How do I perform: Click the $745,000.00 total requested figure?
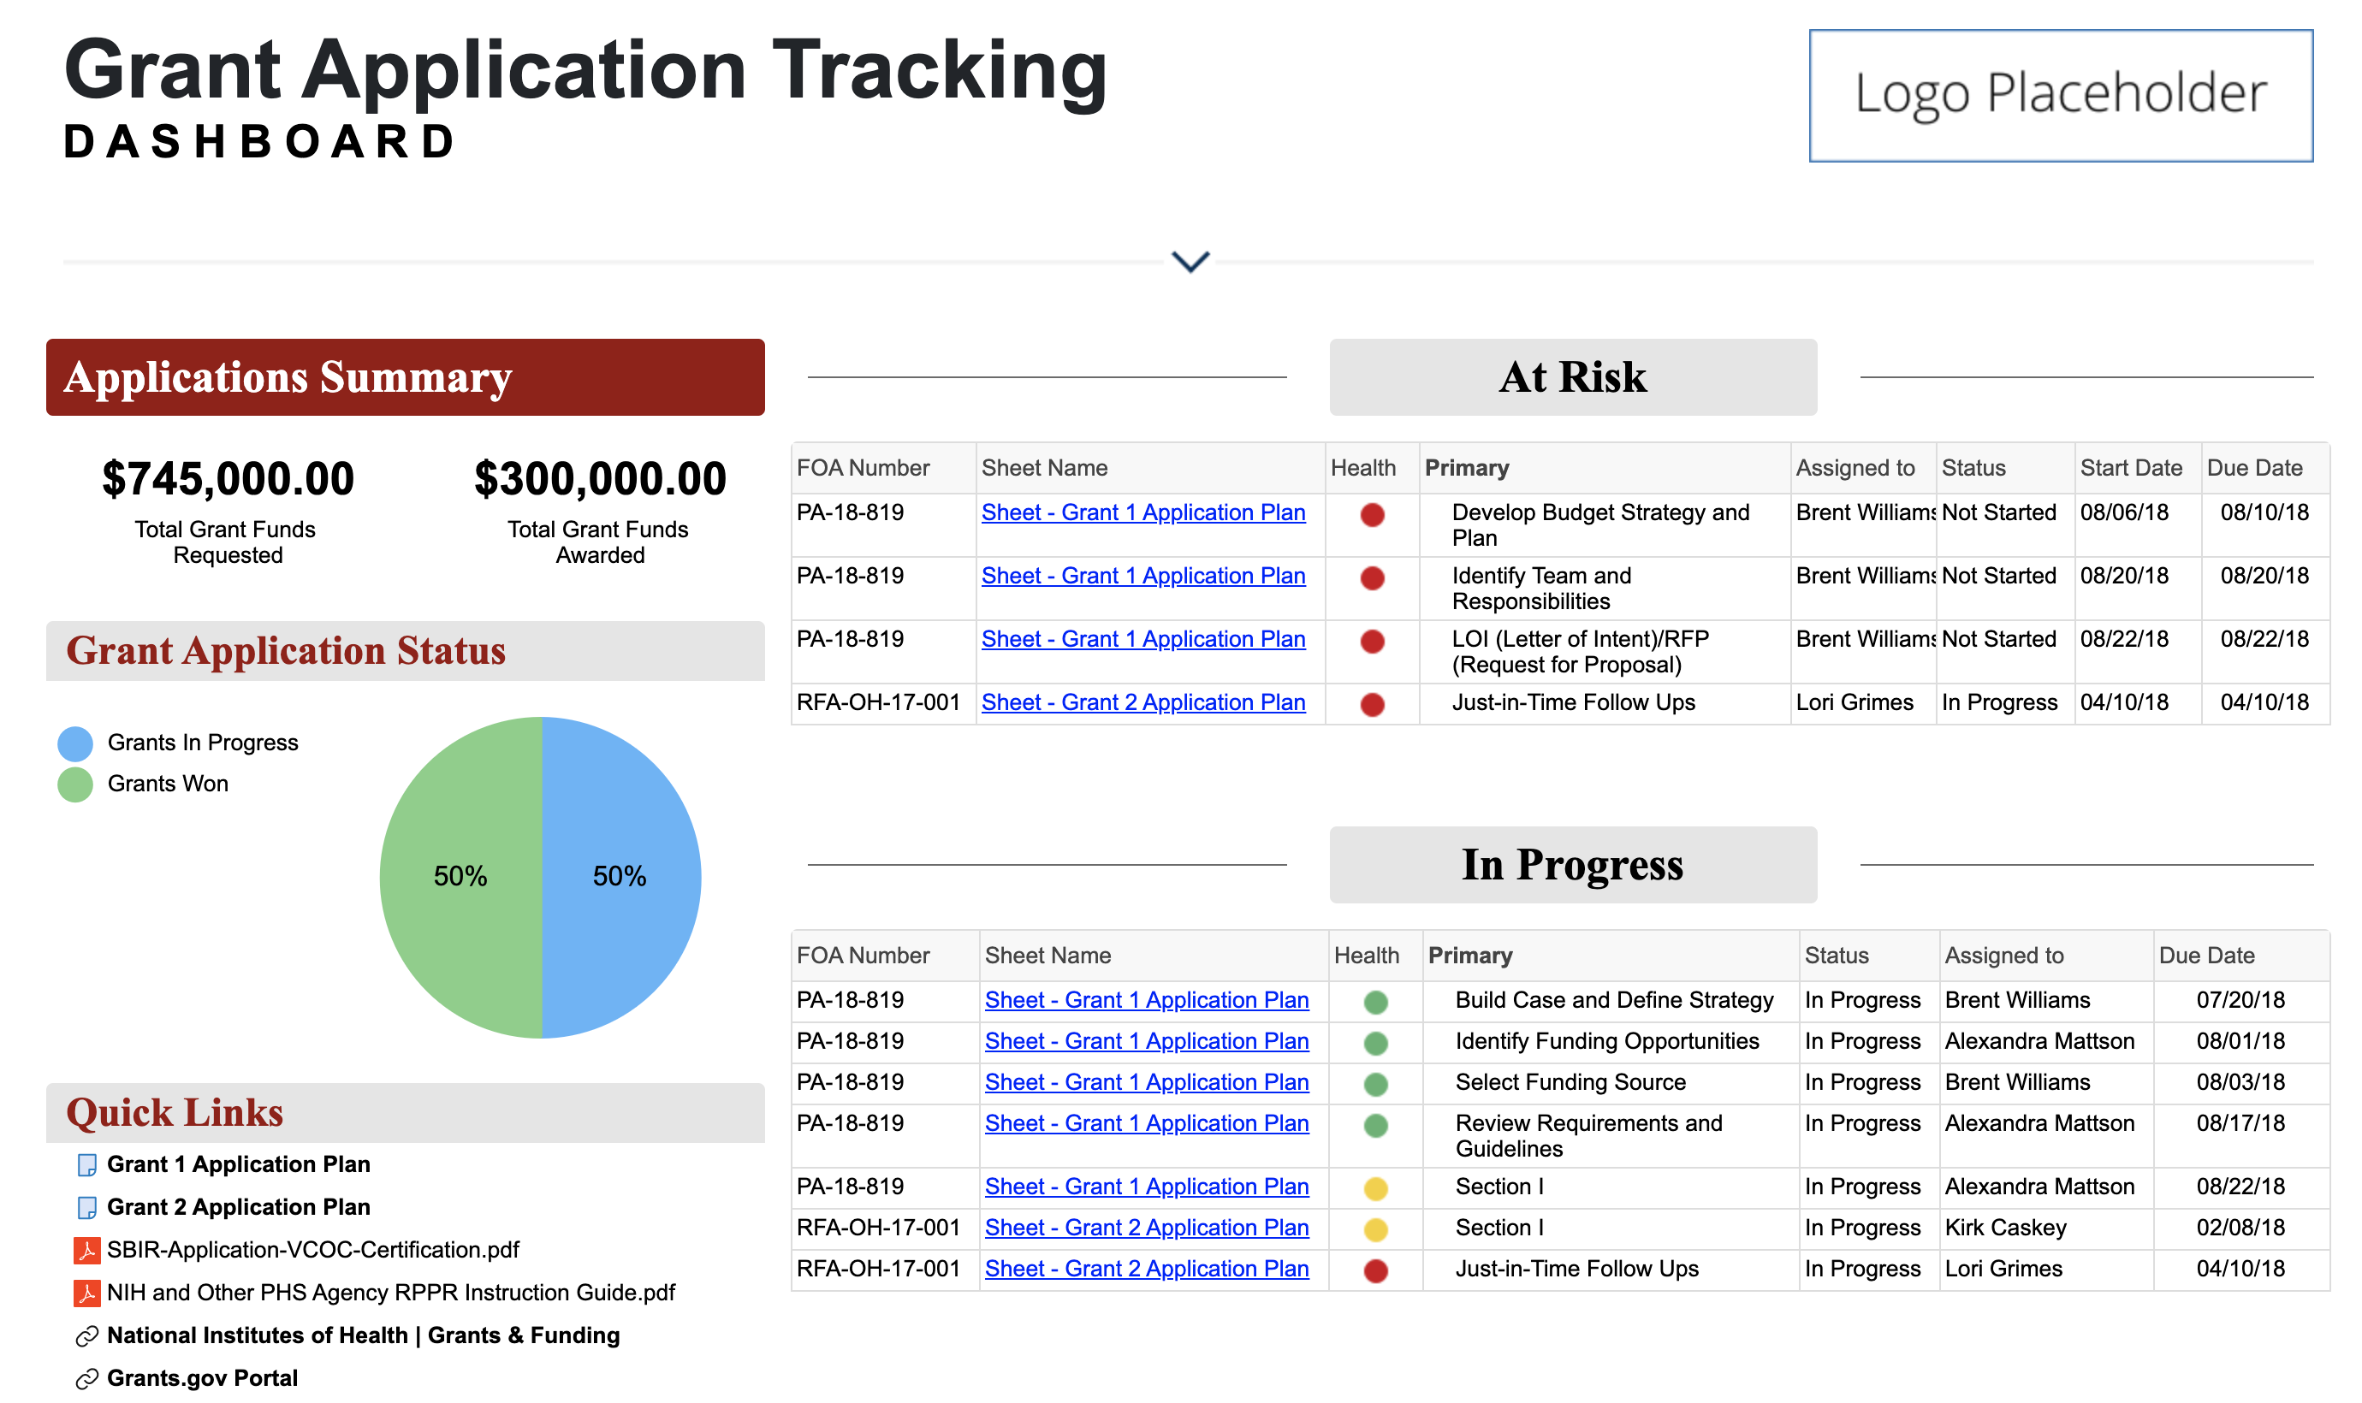pos(228,478)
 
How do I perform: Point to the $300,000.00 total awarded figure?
pos(599,478)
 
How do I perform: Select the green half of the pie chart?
pos(460,876)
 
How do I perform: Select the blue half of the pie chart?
pos(620,876)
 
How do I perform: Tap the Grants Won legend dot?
pos(74,784)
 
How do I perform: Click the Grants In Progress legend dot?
pos(74,743)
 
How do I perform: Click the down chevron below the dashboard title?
pos(1190,261)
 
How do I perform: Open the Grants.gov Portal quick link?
pos(201,1377)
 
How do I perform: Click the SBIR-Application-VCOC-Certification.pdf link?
pos(312,1250)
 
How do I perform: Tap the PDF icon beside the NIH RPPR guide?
pos(86,1293)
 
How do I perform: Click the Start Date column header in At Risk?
pos(2130,468)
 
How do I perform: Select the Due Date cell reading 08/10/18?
pos(2264,512)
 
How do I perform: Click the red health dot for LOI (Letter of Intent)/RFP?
pos(1371,642)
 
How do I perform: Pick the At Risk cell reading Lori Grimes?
pos(1854,702)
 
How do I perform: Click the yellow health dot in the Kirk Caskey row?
pos(1375,1229)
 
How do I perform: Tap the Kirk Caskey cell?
pos(2004,1227)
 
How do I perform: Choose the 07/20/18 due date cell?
pos(2239,999)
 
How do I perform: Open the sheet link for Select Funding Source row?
pos(1146,1081)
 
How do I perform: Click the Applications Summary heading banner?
pos(405,377)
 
